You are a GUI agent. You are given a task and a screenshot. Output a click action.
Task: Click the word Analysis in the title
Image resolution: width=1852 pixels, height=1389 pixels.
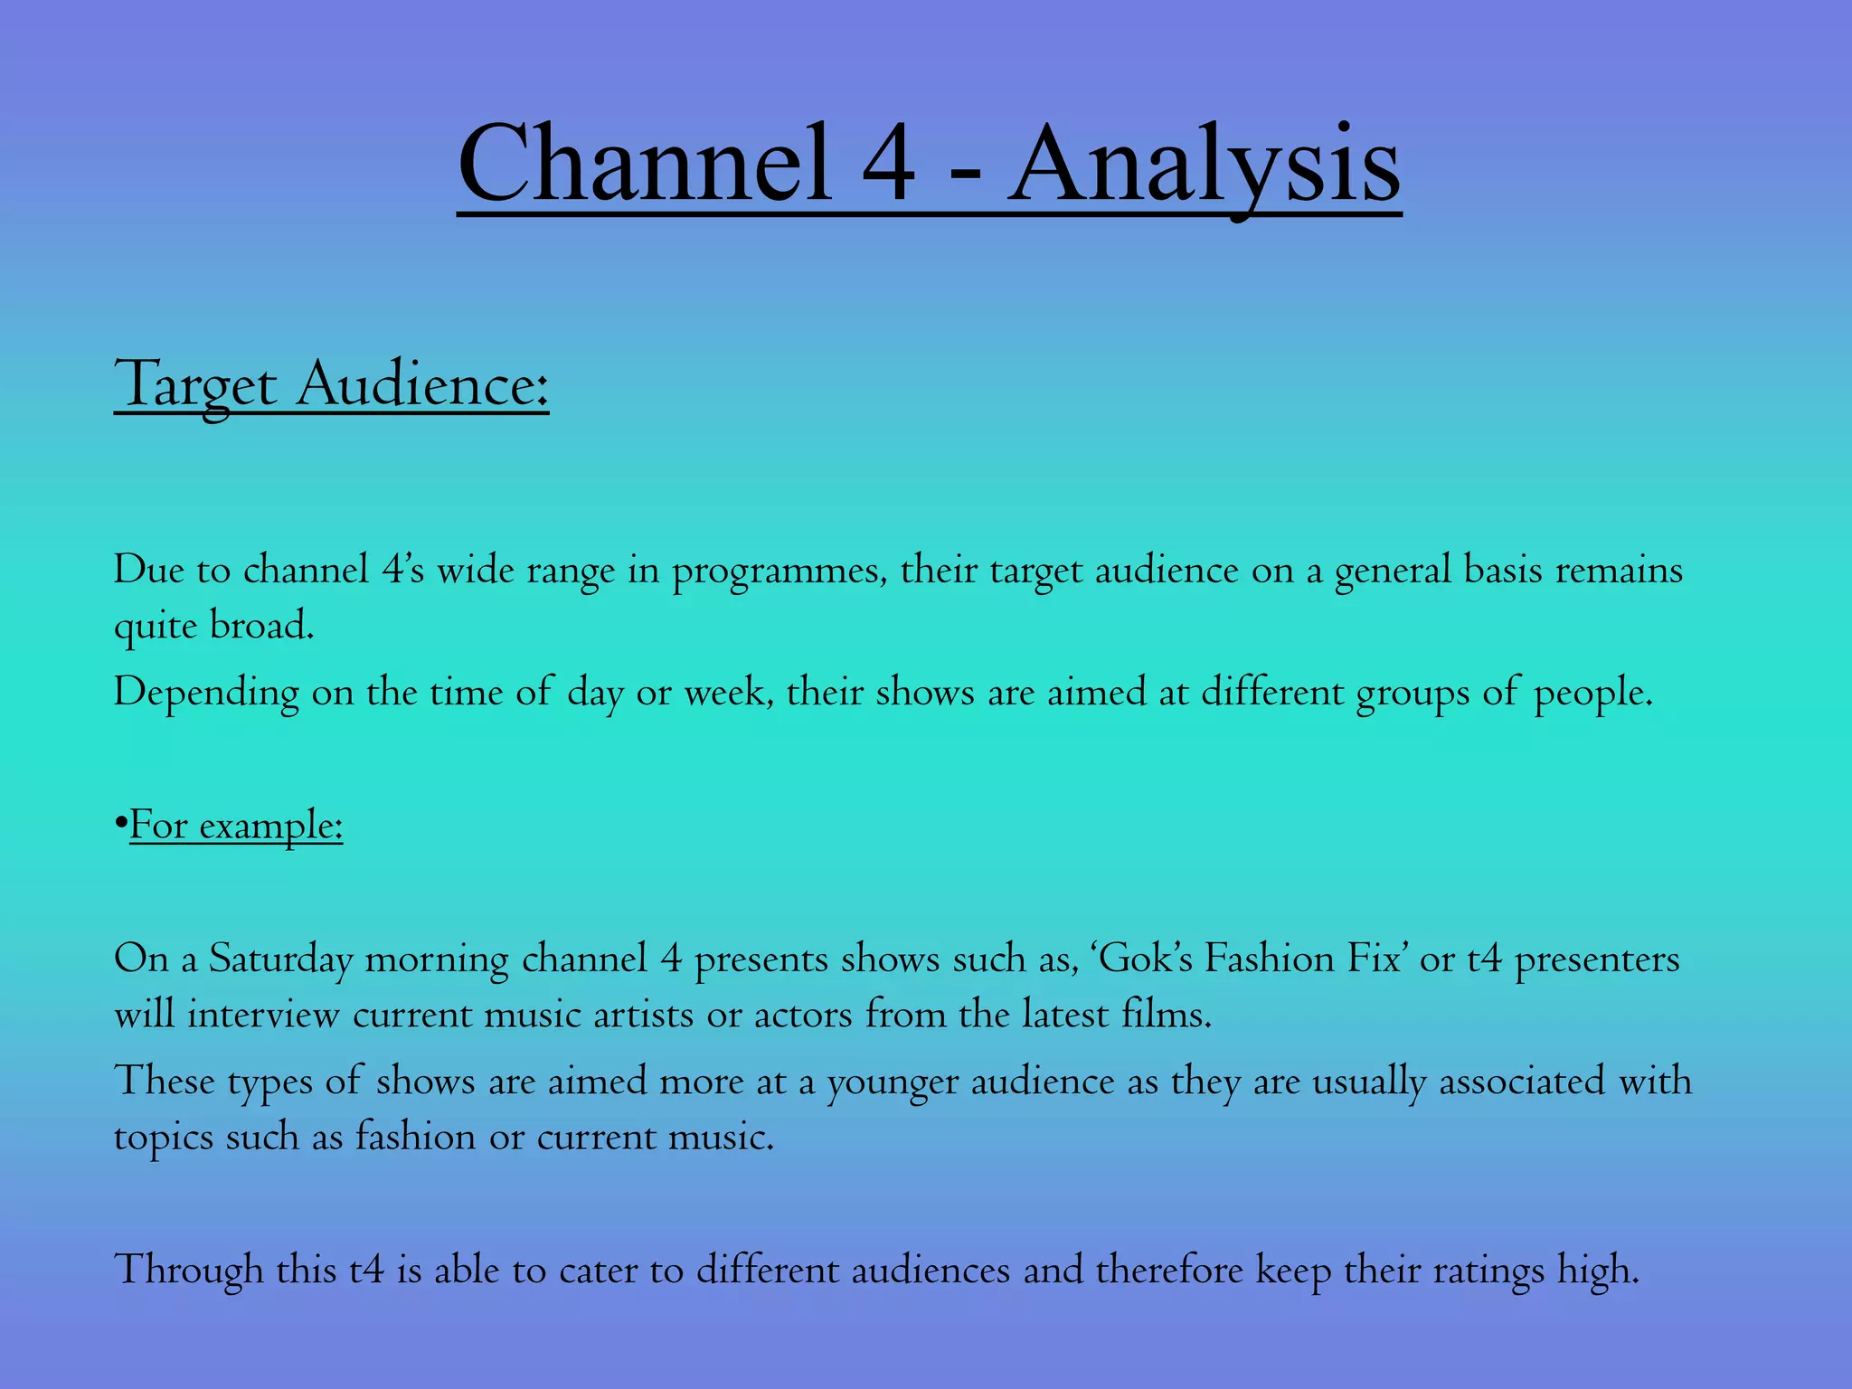pos(1205,165)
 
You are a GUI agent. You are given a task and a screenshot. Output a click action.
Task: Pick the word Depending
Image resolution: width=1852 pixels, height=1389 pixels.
pos(206,694)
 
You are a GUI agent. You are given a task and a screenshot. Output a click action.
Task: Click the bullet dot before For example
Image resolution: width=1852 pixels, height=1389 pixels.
pos(120,826)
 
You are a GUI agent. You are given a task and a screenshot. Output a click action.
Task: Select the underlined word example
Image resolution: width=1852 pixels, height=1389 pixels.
pos(271,827)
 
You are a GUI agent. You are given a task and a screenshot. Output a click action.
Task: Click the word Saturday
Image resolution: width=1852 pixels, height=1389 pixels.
pos(280,959)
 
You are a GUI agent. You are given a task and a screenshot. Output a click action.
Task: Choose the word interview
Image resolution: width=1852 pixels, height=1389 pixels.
pos(263,1015)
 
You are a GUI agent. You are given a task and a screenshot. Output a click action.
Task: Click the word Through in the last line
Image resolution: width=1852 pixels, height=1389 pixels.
pos(188,1270)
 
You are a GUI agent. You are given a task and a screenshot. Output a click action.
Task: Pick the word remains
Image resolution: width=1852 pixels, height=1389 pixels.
pos(1619,571)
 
